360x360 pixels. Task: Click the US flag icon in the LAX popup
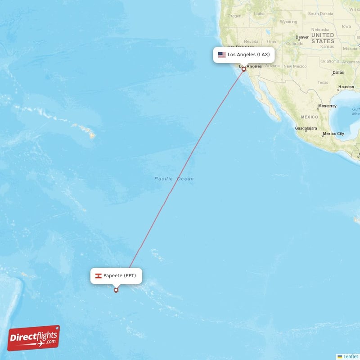[222, 55]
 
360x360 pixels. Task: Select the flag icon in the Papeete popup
[98, 276]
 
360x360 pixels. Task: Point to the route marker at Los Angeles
[244, 69]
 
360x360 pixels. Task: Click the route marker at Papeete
[116, 290]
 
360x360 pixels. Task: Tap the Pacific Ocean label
[174, 179]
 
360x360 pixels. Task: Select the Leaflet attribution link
[351, 356]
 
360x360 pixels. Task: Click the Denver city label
[302, 37]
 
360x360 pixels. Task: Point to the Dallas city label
[338, 72]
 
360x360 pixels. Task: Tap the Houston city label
[346, 87]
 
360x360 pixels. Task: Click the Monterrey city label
[327, 106]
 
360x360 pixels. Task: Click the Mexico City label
[333, 134]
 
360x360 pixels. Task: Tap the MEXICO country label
[310, 117]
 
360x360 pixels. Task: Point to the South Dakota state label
[320, 14]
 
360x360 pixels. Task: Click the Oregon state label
[234, 16]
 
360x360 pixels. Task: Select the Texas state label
[323, 83]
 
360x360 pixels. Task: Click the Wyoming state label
[288, 22]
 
